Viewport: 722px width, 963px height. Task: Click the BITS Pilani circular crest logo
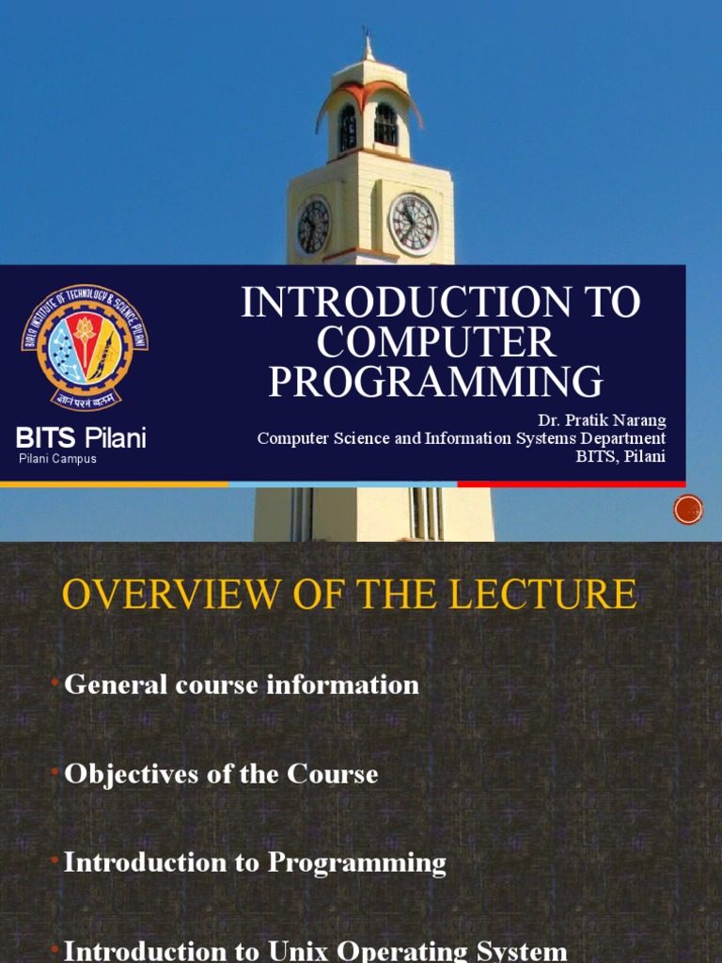85,347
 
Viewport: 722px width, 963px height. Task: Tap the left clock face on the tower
313,227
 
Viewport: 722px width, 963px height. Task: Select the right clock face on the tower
414,224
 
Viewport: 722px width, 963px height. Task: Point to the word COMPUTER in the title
436,342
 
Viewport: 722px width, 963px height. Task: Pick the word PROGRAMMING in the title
436,382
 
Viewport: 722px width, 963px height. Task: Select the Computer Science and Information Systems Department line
462,439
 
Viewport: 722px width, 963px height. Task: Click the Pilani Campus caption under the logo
58,459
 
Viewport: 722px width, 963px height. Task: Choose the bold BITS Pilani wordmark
81,437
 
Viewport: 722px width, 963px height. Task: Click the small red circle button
688,510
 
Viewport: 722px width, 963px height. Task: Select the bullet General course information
241,685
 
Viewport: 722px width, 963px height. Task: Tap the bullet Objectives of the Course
221,774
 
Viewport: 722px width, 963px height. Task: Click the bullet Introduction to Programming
255,862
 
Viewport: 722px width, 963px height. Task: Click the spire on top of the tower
368,43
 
